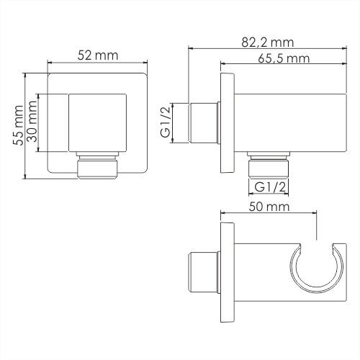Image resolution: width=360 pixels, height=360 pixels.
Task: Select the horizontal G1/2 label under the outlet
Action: coord(271,187)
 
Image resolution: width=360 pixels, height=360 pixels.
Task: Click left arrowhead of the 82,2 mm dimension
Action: coord(190,49)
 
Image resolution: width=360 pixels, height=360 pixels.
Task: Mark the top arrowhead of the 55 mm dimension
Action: coord(24,75)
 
